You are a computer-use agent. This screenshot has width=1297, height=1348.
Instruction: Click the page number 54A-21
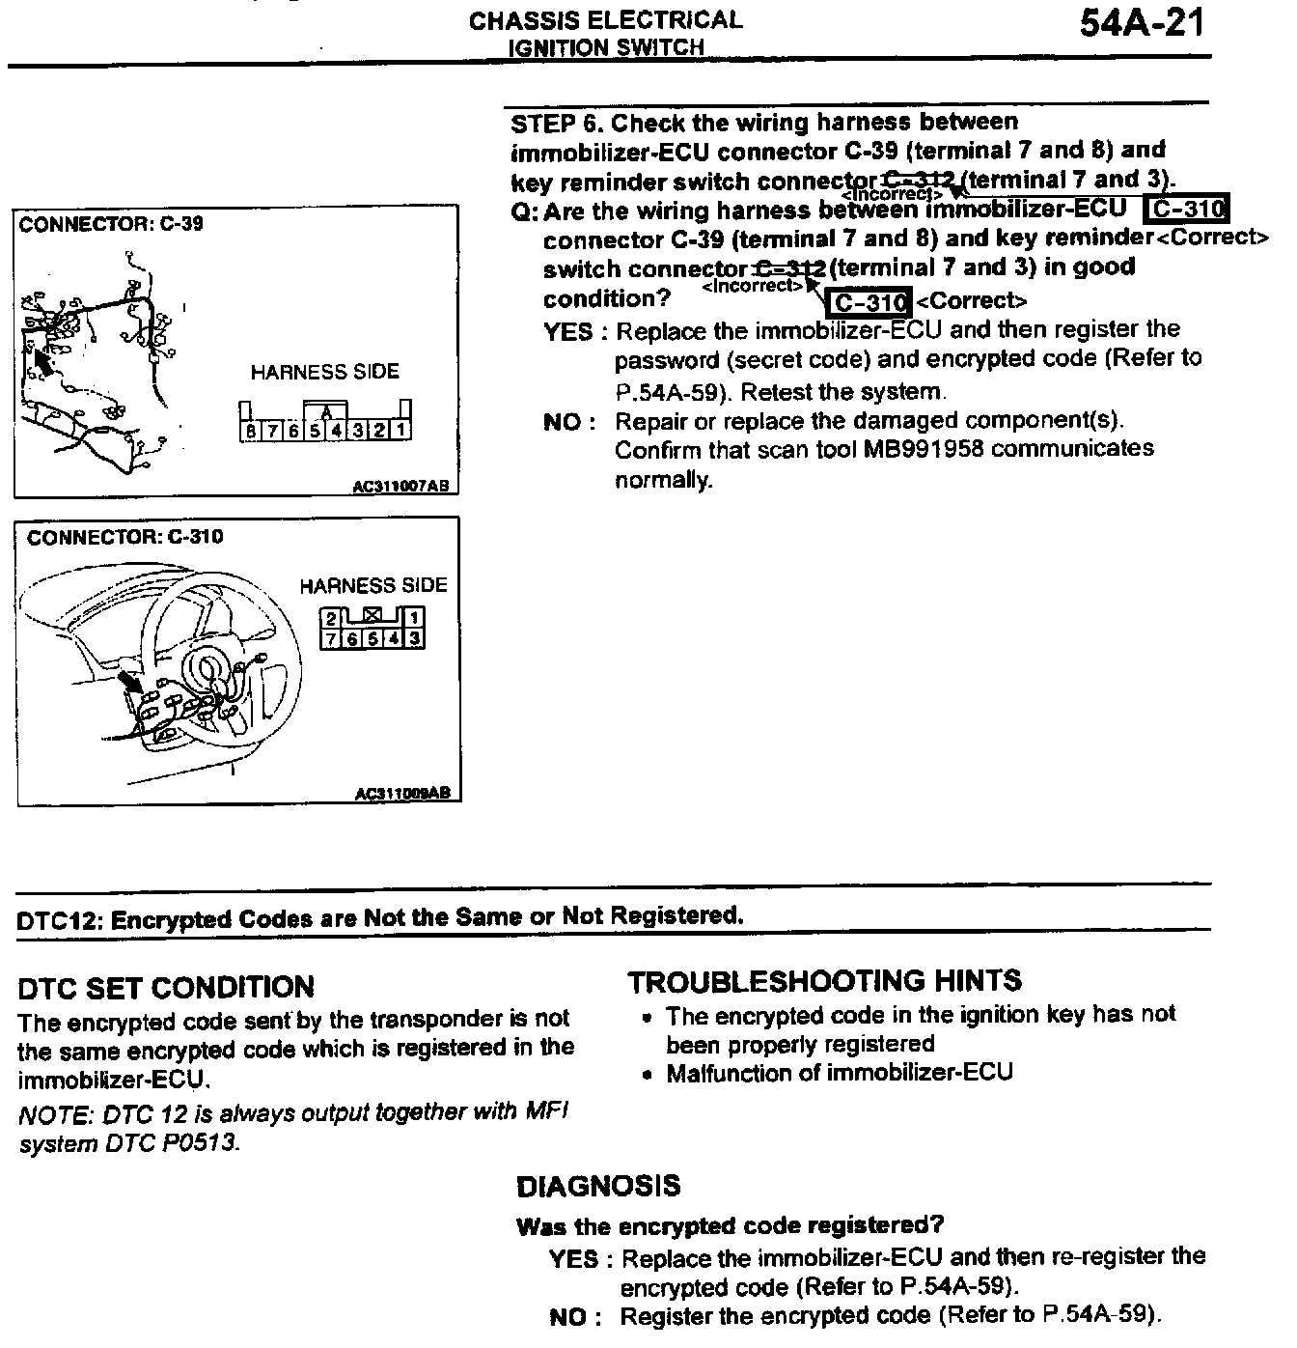coord(1143,23)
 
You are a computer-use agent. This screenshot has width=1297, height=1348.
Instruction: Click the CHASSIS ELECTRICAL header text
coord(606,20)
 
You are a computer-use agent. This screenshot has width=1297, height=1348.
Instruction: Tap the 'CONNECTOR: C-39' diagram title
coord(111,225)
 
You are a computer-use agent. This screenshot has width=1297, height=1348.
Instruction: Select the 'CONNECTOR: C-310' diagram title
coord(124,537)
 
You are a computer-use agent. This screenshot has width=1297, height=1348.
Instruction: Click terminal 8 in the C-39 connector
coord(251,430)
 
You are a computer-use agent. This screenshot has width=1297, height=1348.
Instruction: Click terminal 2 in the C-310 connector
coord(331,618)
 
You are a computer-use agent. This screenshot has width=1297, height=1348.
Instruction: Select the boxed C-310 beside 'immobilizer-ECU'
coord(1186,210)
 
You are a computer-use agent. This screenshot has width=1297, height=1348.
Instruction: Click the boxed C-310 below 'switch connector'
coord(869,302)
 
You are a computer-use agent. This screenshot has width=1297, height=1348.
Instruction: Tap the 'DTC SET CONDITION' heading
coord(166,988)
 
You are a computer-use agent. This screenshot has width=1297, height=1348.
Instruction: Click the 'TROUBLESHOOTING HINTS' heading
coord(824,982)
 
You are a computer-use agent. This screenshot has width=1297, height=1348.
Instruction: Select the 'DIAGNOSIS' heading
coord(598,1187)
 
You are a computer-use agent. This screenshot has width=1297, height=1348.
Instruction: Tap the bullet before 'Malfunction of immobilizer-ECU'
coord(648,1075)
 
